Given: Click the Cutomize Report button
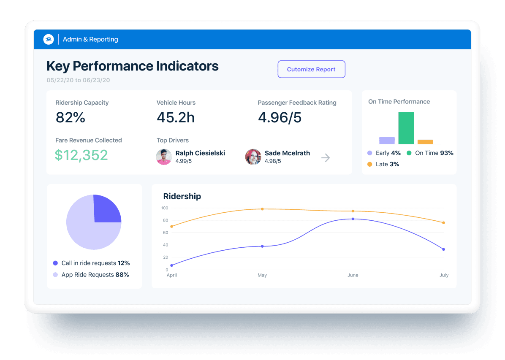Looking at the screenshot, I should (311, 69).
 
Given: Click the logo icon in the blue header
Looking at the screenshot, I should (49, 39).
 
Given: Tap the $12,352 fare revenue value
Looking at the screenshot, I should (81, 155).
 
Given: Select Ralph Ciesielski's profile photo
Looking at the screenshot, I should (164, 157).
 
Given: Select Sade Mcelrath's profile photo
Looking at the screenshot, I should (253, 157).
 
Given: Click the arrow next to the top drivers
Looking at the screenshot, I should (326, 158).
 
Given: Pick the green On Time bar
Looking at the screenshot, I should (406, 128).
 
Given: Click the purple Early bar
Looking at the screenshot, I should (387, 140).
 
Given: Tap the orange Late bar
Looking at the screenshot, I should (425, 142).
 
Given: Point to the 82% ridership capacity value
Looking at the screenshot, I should (71, 118).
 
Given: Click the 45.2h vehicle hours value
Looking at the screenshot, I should (176, 118).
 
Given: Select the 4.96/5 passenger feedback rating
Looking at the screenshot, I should (280, 118).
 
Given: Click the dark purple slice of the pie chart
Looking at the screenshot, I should (106, 209).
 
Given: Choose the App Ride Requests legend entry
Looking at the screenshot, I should (91, 275).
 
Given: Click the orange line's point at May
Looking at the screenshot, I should (262, 209).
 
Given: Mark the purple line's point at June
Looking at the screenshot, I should (353, 219).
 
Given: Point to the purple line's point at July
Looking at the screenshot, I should (443, 249).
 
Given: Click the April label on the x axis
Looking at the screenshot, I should (172, 275).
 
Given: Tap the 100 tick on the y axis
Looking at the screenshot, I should (164, 208).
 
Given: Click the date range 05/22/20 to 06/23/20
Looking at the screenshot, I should (78, 80).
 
